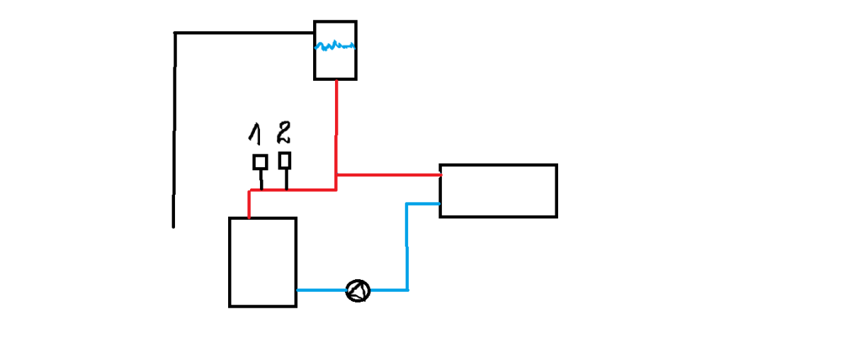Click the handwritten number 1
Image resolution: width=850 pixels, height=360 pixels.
coord(254,132)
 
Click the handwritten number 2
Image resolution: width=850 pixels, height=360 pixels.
coord(283,131)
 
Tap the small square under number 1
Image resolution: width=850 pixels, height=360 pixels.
coord(260,162)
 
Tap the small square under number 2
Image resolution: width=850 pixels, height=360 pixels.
coord(285,160)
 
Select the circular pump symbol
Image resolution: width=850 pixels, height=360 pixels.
coord(358,291)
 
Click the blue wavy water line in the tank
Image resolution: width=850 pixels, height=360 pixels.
coord(334,47)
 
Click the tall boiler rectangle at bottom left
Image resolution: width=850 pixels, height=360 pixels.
coord(262,262)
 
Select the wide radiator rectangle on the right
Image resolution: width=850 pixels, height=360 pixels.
coord(498,191)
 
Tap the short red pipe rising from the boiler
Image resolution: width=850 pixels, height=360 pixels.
coord(249,204)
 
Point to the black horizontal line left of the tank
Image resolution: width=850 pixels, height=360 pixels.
coord(244,33)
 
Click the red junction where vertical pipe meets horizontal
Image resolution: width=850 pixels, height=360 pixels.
coord(336,174)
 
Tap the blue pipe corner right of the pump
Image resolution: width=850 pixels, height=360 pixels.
coord(407,289)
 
